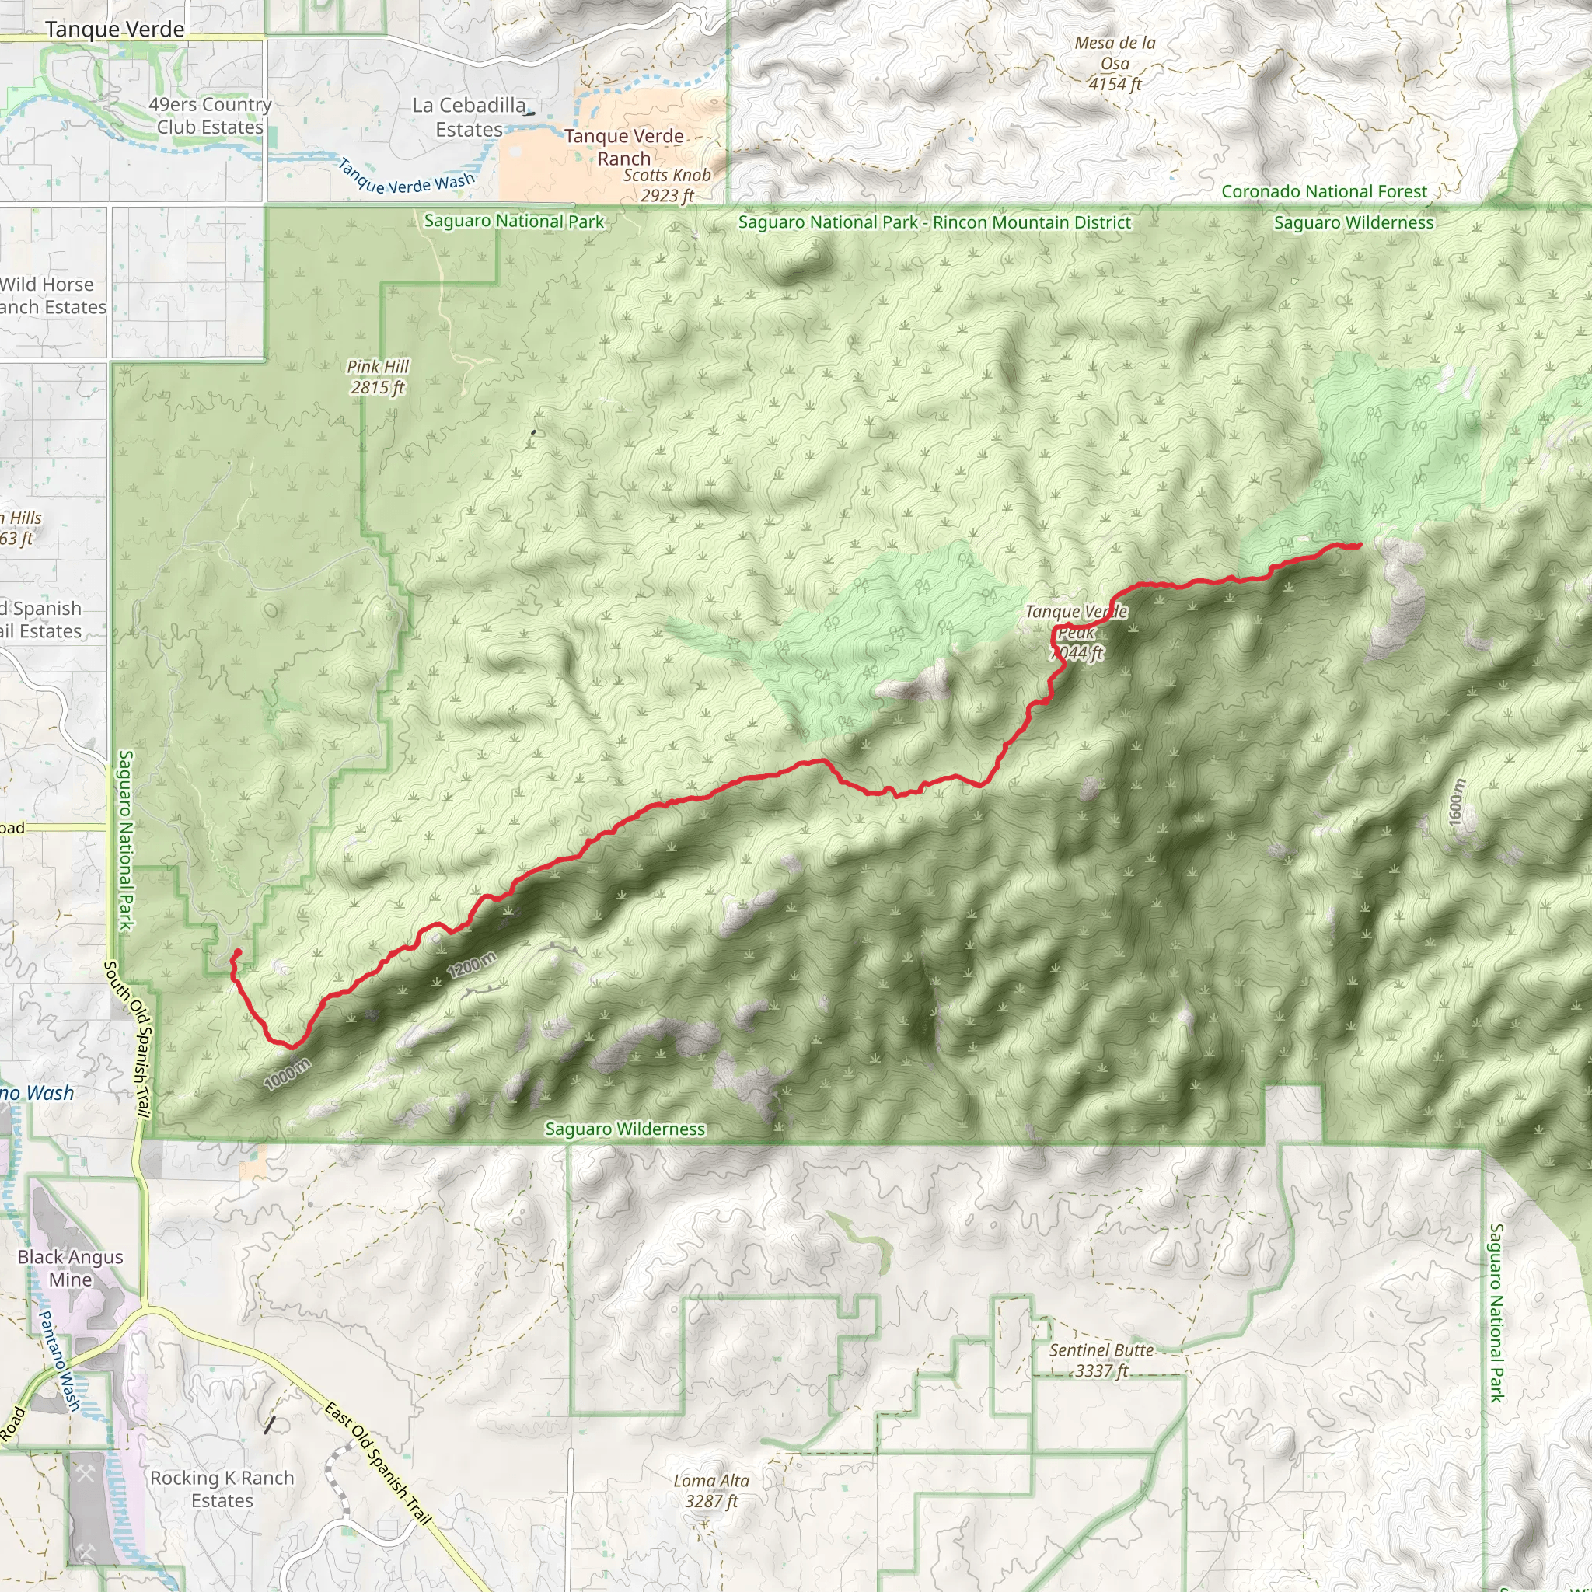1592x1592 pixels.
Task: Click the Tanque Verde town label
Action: [114, 30]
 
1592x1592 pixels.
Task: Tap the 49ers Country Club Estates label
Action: [210, 116]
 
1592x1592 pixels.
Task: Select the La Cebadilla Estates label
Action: [469, 118]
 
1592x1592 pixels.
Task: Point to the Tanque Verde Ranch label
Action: [623, 148]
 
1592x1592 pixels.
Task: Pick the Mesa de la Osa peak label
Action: [1115, 64]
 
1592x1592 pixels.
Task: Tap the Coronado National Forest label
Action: [1323, 192]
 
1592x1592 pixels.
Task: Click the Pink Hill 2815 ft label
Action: [377, 376]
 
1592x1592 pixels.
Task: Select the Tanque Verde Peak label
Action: [1076, 632]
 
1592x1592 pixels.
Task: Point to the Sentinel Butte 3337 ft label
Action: [1101, 1360]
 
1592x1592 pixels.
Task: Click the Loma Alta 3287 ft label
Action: [711, 1491]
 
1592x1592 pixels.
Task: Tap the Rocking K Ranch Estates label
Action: [222, 1489]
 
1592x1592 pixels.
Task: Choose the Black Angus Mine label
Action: [70, 1268]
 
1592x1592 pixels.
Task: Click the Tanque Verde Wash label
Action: [407, 178]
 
